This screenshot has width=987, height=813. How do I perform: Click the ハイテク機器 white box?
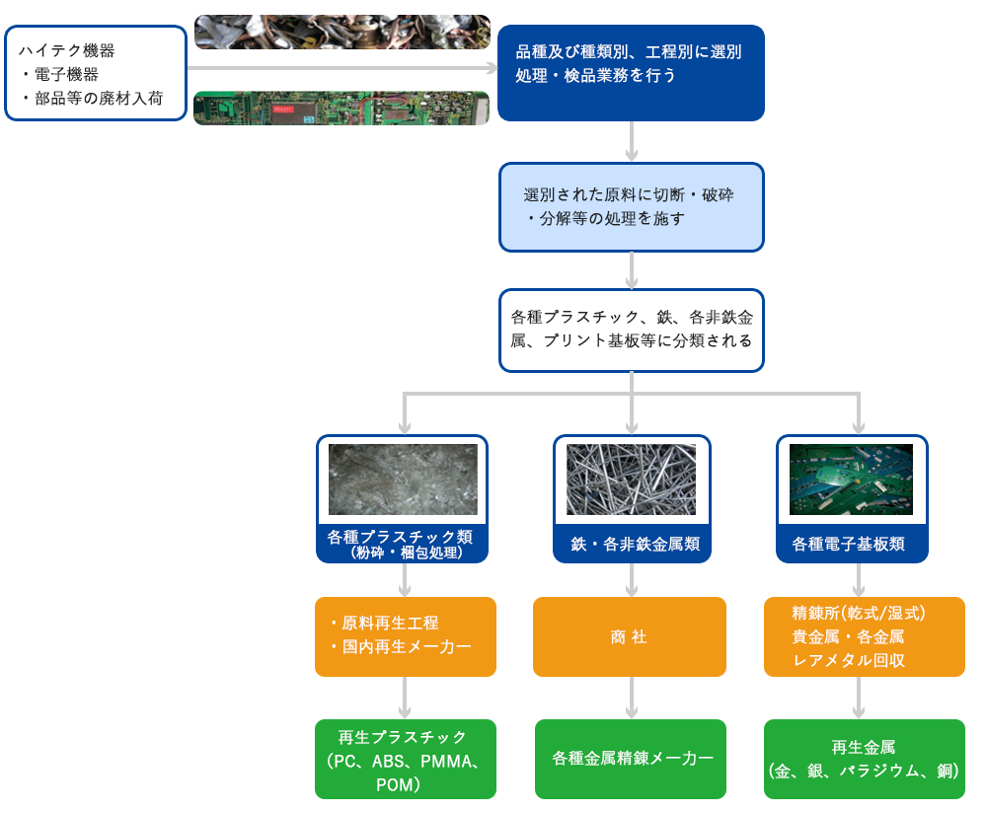pyautogui.click(x=96, y=73)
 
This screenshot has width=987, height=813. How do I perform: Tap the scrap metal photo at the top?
pyautogui.click(x=342, y=32)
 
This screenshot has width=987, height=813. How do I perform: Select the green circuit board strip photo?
pyautogui.click(x=342, y=108)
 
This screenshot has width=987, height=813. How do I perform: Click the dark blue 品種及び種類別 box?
pyautogui.click(x=630, y=71)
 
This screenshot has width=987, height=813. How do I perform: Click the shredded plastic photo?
pyautogui.click(x=403, y=480)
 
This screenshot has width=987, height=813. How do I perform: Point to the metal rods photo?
pyautogui.click(x=632, y=479)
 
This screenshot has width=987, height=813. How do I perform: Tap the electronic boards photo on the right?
pyautogui.click(x=852, y=479)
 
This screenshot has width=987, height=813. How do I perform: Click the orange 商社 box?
pyautogui.click(x=629, y=637)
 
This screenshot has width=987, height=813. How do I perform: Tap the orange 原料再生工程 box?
pyautogui.click(x=406, y=636)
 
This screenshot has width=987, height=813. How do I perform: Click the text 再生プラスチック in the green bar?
pyautogui.click(x=403, y=737)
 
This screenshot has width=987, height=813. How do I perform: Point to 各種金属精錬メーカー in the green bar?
pyautogui.click(x=633, y=759)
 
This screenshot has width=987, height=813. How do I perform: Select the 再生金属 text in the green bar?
pyautogui.click(x=864, y=747)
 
